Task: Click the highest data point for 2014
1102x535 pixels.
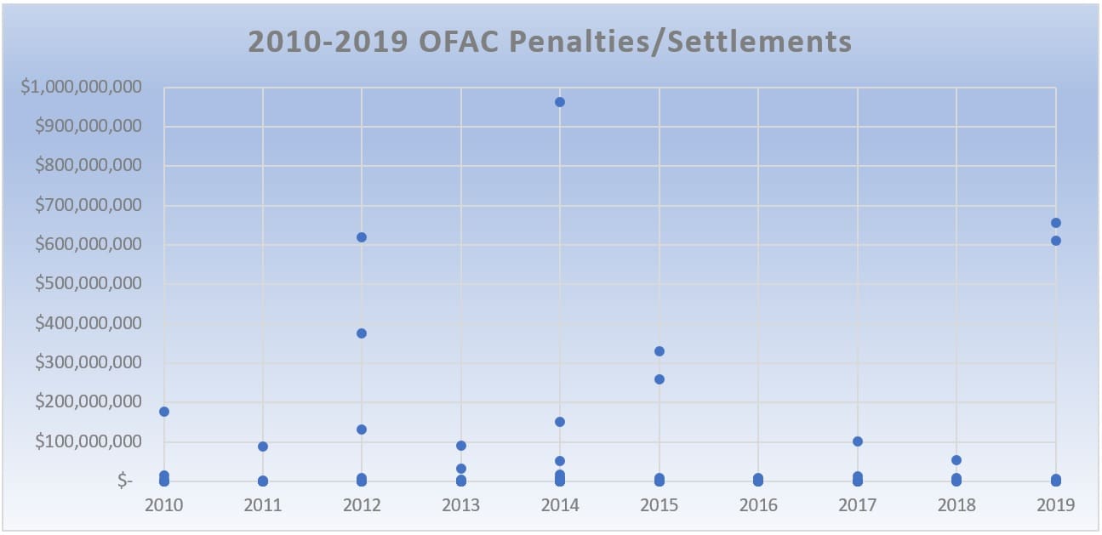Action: (560, 102)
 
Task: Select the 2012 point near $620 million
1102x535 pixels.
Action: (362, 237)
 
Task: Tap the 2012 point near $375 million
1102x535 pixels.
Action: (362, 333)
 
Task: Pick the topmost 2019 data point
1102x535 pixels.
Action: (1056, 223)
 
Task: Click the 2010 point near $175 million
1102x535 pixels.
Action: (163, 412)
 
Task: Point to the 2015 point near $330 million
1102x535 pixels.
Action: (659, 351)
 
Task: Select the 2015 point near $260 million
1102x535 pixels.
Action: (659, 379)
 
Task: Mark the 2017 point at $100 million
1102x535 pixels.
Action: (858, 441)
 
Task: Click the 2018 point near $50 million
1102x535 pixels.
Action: (956, 460)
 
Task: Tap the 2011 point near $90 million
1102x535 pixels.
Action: (263, 447)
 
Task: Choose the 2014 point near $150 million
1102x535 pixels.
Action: (560, 422)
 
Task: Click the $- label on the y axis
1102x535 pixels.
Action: (125, 481)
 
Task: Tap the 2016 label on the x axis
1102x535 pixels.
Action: (758, 505)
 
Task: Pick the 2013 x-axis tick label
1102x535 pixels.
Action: (461, 505)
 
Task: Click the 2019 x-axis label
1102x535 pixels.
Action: (1056, 505)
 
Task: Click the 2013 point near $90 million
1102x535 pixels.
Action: (461, 446)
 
